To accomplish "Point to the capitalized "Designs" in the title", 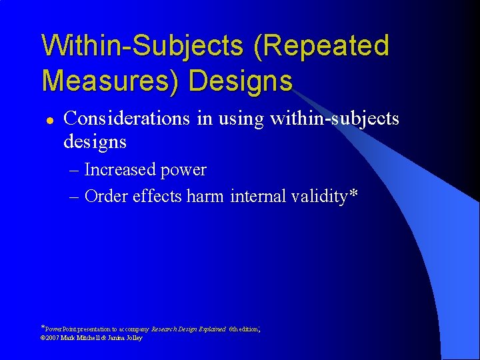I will (x=241, y=81).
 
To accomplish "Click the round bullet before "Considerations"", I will (x=49, y=120).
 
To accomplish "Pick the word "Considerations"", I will (x=127, y=119).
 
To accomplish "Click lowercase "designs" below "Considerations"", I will (x=95, y=142).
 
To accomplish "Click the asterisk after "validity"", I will (x=353, y=194).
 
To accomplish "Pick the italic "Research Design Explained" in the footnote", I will (x=189, y=329).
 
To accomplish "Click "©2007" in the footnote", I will (x=51, y=338).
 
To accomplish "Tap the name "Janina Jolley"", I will (x=123, y=338).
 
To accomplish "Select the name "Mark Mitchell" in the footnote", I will (x=81, y=338).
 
